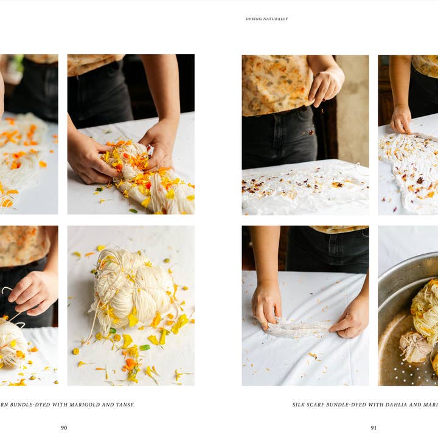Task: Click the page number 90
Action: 64,428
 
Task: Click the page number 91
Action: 374,428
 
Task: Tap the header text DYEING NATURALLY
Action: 266,19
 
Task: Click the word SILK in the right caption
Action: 299,405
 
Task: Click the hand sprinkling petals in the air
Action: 325,85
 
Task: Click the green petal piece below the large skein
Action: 144,347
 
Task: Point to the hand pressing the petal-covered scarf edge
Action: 400,120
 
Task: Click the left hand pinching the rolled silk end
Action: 266,303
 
